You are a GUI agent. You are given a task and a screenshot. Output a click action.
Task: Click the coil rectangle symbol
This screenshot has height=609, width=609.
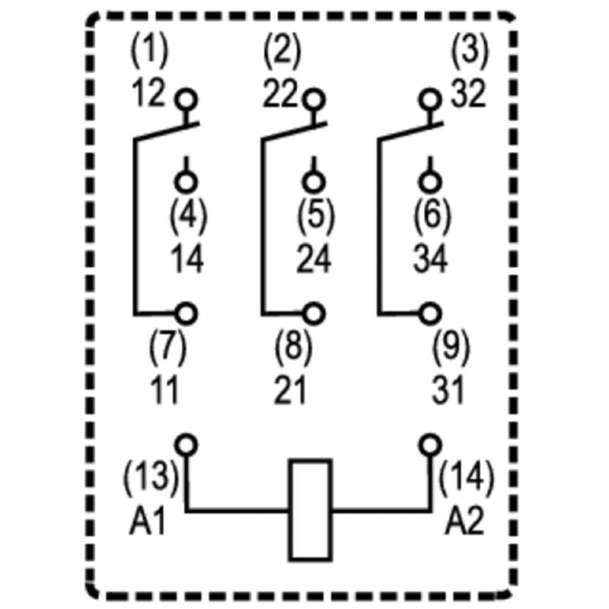pos(310,509)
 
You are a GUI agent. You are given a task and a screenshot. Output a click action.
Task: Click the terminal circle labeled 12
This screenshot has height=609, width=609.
pos(186,99)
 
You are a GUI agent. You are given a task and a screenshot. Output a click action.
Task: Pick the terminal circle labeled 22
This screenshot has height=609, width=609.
pos(313,99)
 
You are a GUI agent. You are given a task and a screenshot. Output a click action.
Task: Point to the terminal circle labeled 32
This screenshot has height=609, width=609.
pos(431,99)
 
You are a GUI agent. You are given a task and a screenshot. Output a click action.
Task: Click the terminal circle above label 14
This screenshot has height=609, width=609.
pos(187,181)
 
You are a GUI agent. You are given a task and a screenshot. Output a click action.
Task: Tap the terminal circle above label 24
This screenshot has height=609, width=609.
pos(313,181)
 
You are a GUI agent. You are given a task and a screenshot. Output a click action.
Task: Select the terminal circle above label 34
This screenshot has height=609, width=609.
pos(431,181)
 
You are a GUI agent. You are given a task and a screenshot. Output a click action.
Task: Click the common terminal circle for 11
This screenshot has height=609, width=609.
pos(187,313)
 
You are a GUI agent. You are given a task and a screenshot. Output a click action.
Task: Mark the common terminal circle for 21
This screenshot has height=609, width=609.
pos(313,313)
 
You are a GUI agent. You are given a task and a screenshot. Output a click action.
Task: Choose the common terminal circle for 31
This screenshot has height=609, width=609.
pos(431,313)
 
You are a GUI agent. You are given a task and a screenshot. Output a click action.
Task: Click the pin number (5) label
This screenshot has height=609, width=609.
pos(314,216)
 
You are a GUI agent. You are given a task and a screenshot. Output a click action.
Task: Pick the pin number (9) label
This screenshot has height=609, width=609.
pos(451,348)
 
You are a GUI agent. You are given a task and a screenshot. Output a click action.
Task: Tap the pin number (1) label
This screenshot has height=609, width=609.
pos(149,52)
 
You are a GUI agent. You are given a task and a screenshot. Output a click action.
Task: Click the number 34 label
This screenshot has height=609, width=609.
pos(432,260)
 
